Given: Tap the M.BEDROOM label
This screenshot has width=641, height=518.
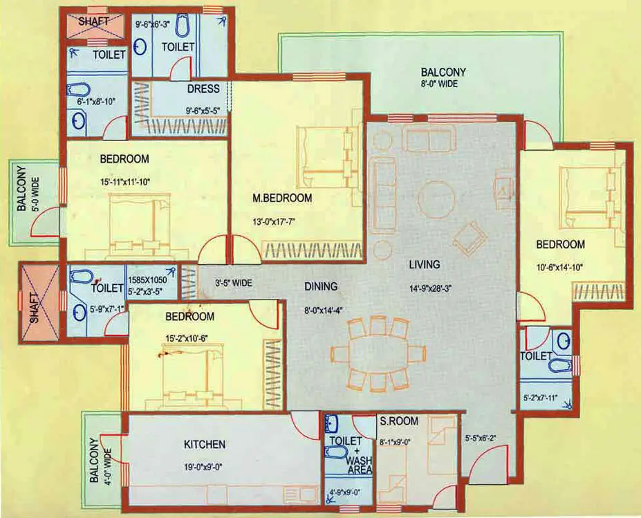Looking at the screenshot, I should pyautogui.click(x=282, y=198).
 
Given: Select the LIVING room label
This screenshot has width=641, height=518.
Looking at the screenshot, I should pyautogui.click(x=424, y=264).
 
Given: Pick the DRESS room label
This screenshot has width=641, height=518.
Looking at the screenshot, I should pyautogui.click(x=203, y=89).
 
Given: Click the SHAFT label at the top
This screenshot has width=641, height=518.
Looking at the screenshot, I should pyautogui.click(x=93, y=21).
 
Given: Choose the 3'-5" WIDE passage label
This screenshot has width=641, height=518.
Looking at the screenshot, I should pyautogui.click(x=233, y=282).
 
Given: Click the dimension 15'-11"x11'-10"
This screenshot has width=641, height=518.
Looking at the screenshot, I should pyautogui.click(x=125, y=182).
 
